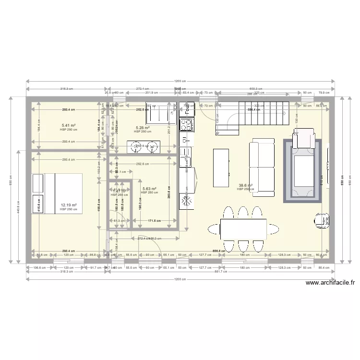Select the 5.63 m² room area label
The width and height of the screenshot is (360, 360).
[149, 189]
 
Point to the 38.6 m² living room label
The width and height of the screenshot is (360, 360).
[245, 185]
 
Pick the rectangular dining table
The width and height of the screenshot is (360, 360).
[243, 229]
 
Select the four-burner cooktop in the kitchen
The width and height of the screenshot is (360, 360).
[186, 125]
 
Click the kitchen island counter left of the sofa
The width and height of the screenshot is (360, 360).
[221, 168]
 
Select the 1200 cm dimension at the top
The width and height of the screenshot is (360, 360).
[181, 82]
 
